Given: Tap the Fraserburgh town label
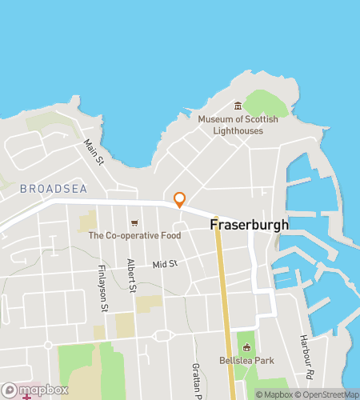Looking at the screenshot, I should [249, 225].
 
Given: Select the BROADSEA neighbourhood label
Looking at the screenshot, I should [50, 189].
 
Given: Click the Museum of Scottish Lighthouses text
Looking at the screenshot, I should [238, 125].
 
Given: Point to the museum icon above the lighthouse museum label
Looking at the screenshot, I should [238, 106].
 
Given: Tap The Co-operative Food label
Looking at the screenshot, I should [134, 235].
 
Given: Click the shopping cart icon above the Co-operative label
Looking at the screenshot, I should [134, 222].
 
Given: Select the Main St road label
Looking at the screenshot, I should [94, 152].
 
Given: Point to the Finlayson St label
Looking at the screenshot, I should [102, 288].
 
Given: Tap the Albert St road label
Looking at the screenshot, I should [131, 277].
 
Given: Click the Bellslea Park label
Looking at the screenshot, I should [246, 361].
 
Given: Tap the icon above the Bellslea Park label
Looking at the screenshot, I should [246, 347].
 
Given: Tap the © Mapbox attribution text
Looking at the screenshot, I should [274, 394].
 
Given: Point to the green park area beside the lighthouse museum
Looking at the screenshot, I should [266, 102].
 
